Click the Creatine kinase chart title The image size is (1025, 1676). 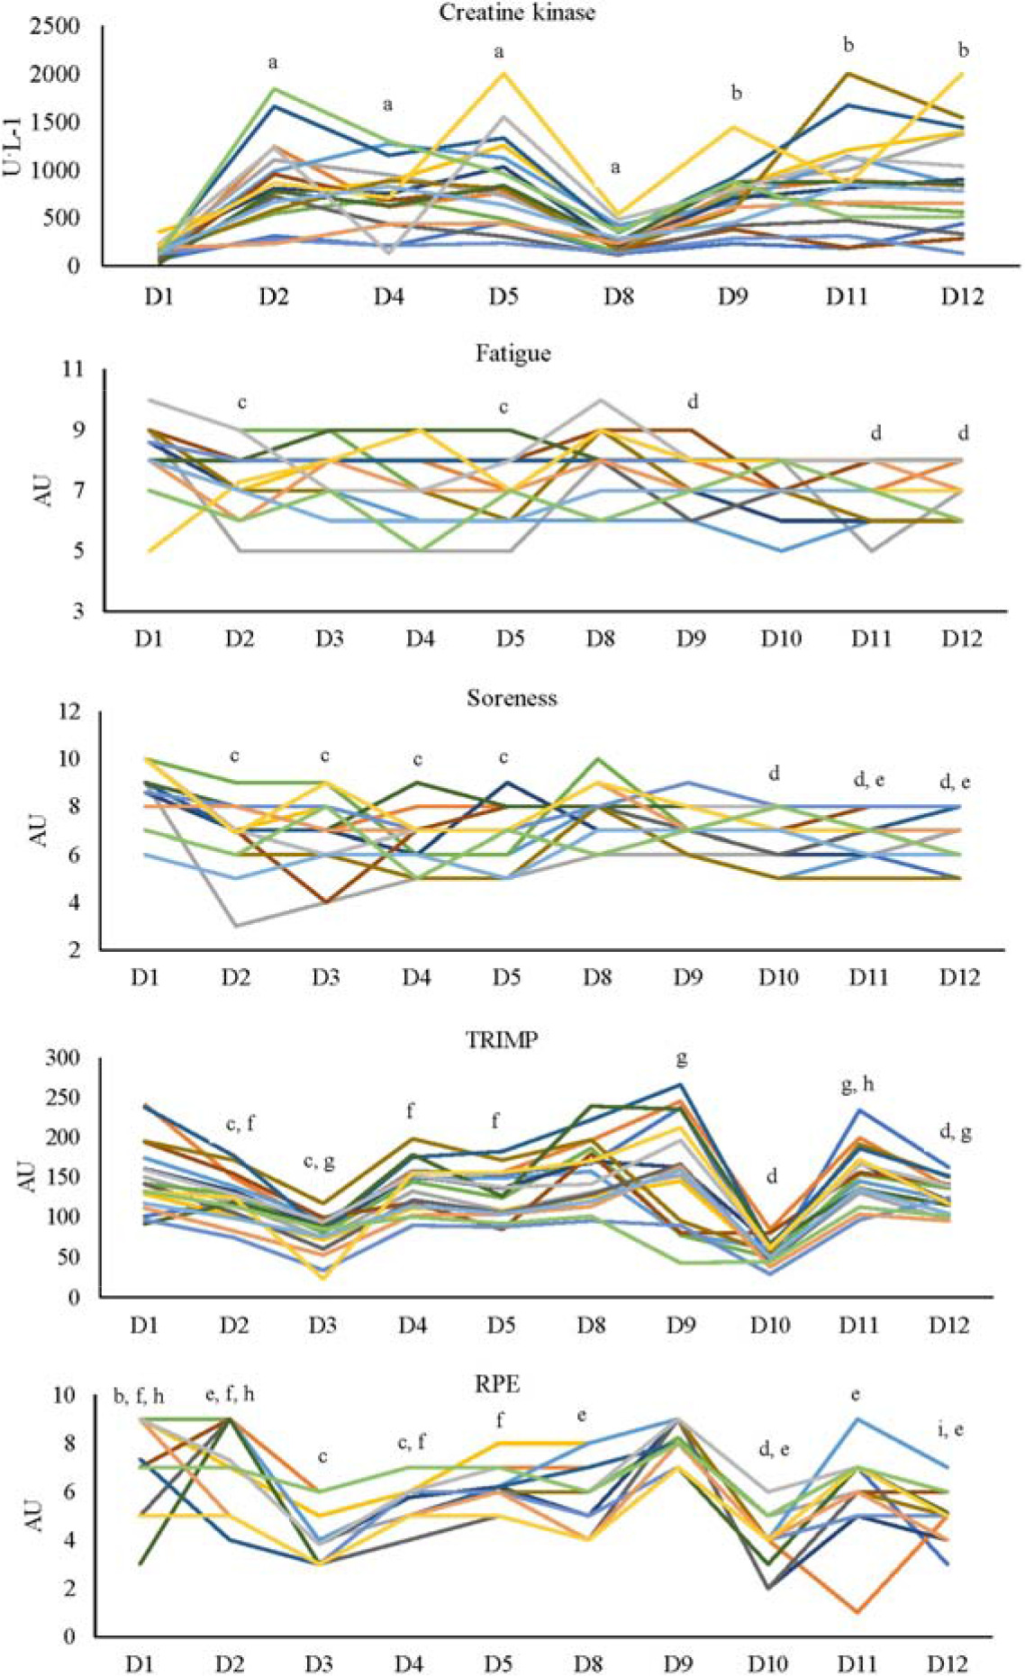516,12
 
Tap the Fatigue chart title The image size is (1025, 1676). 512,353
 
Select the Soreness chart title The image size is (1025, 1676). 512,698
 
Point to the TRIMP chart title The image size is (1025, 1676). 502,1040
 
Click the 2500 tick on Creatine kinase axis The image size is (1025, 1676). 55,27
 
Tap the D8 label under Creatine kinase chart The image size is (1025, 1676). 617,296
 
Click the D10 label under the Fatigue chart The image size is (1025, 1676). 781,639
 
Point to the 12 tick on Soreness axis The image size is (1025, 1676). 68,711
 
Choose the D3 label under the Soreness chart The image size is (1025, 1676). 325,977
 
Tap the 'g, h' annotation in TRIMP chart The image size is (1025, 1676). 857,1084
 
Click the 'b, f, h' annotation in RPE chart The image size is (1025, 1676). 139,1396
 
